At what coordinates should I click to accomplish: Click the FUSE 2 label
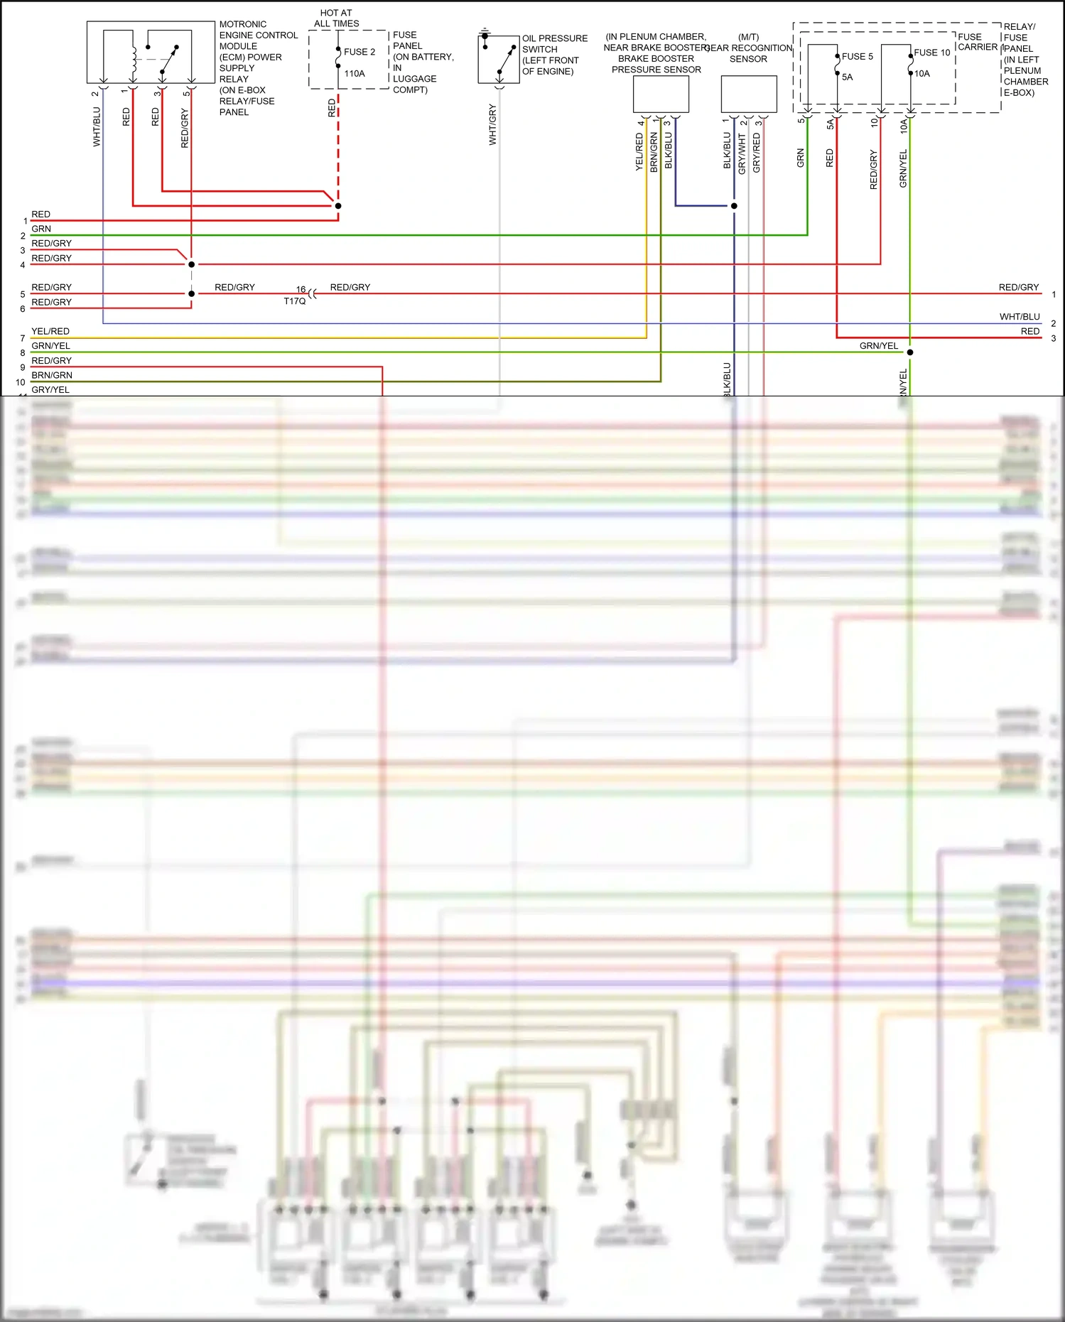pyautogui.click(x=359, y=52)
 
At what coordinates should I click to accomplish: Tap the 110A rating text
pyautogui.click(x=355, y=74)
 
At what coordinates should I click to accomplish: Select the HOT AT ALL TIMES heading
pyautogui.click(x=336, y=18)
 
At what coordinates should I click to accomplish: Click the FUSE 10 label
pyautogui.click(x=931, y=53)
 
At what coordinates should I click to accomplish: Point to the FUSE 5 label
pyautogui.click(x=857, y=57)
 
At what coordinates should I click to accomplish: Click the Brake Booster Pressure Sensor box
pyautogui.click(x=661, y=94)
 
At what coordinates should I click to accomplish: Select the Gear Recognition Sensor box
pyautogui.click(x=748, y=94)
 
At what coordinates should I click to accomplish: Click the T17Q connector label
pyautogui.click(x=294, y=301)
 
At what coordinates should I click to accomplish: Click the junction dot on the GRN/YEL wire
pyautogui.click(x=909, y=352)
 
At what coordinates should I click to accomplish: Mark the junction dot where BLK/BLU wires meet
pyautogui.click(x=734, y=206)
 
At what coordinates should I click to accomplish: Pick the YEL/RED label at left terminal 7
pyautogui.click(x=50, y=332)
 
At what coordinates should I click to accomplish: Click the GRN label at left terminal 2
pyautogui.click(x=41, y=229)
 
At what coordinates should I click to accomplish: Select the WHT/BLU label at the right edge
pyautogui.click(x=1019, y=317)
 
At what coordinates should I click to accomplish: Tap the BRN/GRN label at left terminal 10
pyautogui.click(x=52, y=375)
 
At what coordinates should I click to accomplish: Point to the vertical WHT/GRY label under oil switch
pyautogui.click(x=492, y=125)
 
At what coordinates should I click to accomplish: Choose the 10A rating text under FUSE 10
pyautogui.click(x=921, y=74)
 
